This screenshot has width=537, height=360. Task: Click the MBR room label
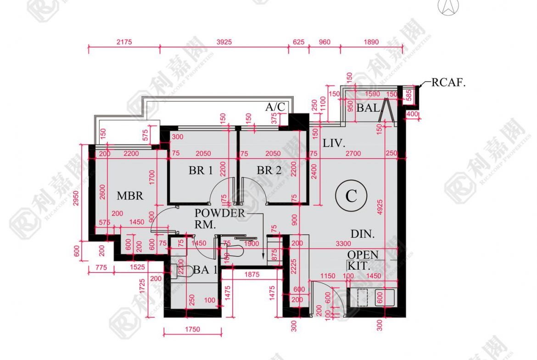click(130, 196)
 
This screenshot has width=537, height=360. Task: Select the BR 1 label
click(201, 171)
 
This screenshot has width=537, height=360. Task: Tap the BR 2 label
click(269, 171)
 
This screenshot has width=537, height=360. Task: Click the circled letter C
click(351, 196)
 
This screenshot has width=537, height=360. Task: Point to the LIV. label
click(334, 143)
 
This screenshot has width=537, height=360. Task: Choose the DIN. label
click(363, 234)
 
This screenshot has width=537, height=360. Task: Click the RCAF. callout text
click(448, 83)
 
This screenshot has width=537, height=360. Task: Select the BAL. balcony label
click(369, 108)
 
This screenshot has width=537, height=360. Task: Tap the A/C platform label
click(275, 107)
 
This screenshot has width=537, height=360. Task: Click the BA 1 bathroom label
click(205, 270)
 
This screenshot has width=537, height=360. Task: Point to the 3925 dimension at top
click(224, 42)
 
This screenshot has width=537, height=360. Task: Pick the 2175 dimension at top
click(124, 42)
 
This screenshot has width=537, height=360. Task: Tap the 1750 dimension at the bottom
click(193, 329)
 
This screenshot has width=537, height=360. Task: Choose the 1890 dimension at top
click(371, 42)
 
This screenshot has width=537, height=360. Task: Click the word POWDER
click(220, 213)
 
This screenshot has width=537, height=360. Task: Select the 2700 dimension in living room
click(353, 154)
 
